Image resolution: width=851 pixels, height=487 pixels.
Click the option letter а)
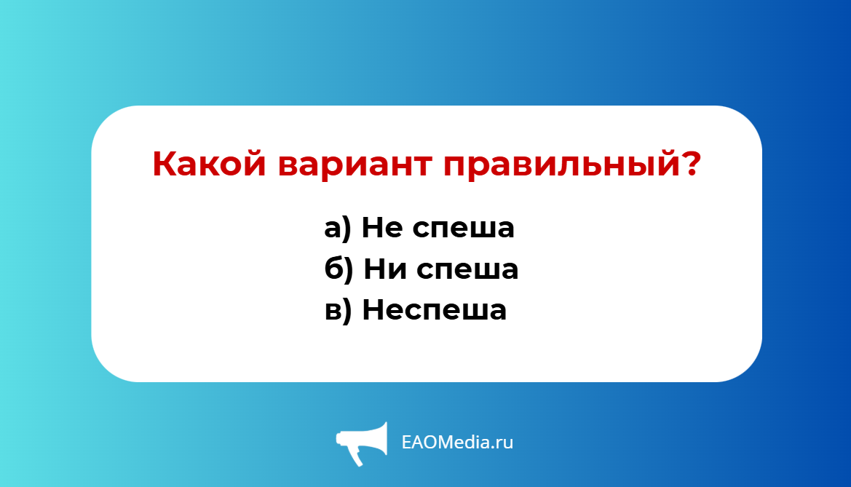click(338, 229)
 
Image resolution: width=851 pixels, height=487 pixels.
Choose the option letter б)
click(339, 269)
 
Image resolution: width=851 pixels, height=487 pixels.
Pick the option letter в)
click(338, 311)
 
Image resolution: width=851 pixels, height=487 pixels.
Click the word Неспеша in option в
click(434, 311)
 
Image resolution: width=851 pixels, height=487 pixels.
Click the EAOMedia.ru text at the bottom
click(457, 442)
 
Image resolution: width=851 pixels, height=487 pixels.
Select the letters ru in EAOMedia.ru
click(504, 443)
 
